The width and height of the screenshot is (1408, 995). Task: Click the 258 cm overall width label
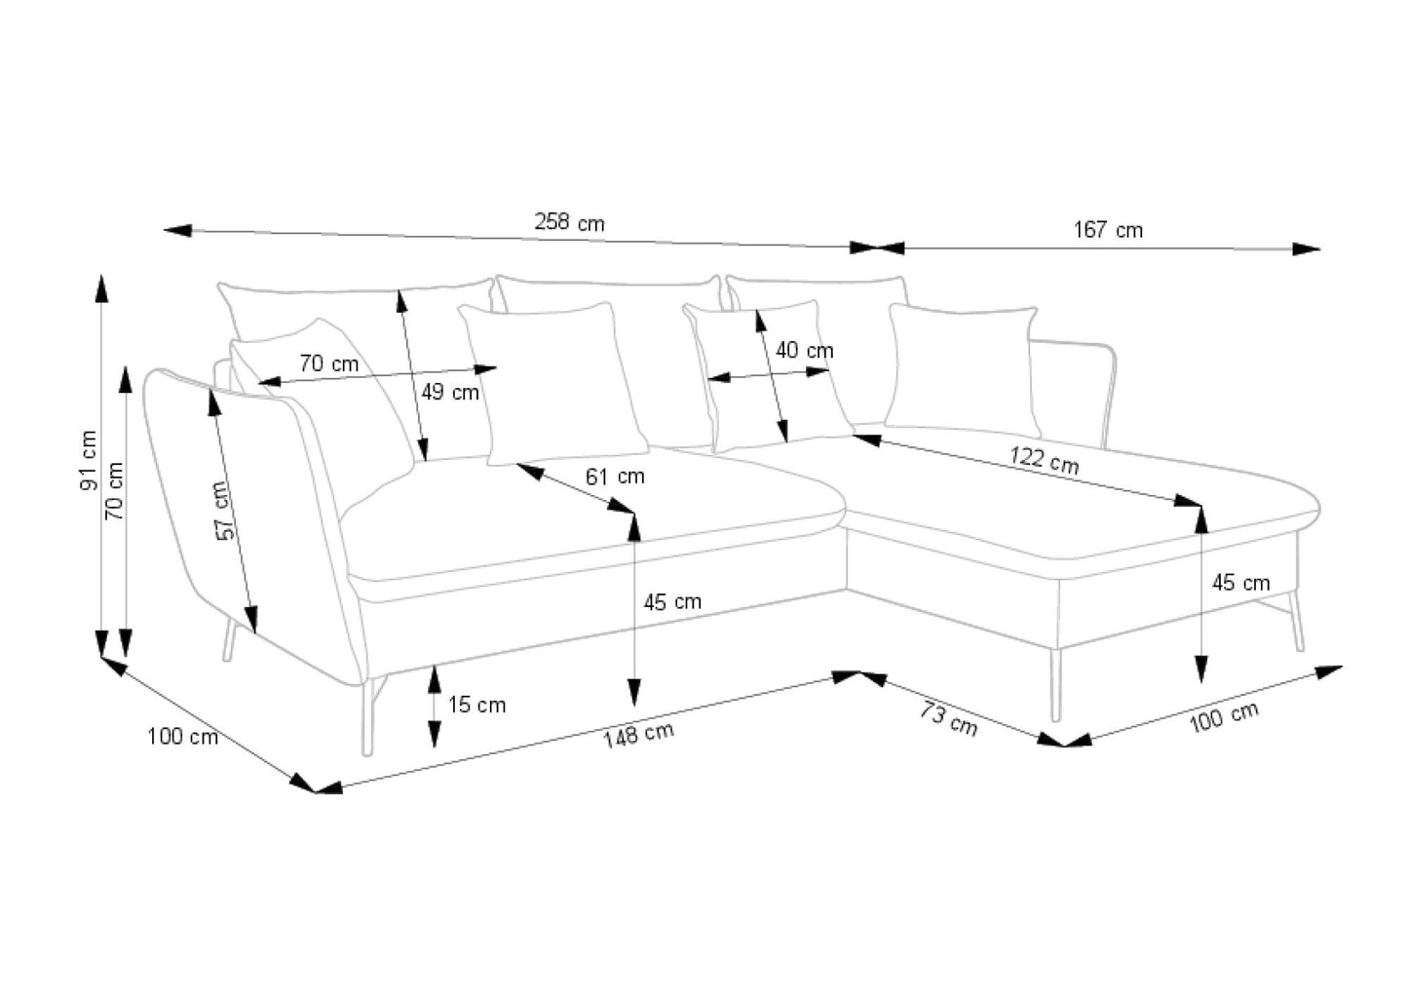coord(569,222)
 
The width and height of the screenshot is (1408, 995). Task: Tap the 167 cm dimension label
coord(1108,230)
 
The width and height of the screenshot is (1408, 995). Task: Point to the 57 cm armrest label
coord(223,511)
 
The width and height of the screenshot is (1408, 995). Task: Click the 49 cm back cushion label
coord(450,392)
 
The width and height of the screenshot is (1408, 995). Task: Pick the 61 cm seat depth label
coord(615,477)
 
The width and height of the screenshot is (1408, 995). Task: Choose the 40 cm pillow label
coord(805,350)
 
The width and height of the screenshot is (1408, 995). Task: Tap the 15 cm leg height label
coord(476,705)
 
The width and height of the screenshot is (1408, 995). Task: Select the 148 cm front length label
coord(638,734)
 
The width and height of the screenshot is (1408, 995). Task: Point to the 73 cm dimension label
coord(948,718)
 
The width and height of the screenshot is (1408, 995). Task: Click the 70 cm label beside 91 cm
coord(115,490)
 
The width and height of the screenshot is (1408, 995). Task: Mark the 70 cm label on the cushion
coord(328,364)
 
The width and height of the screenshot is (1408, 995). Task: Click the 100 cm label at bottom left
coord(182,736)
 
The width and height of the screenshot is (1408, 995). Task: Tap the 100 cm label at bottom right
coord(1223,717)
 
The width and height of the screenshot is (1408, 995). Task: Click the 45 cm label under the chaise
coord(1240,583)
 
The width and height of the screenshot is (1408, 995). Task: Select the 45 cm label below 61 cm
coord(672,602)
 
